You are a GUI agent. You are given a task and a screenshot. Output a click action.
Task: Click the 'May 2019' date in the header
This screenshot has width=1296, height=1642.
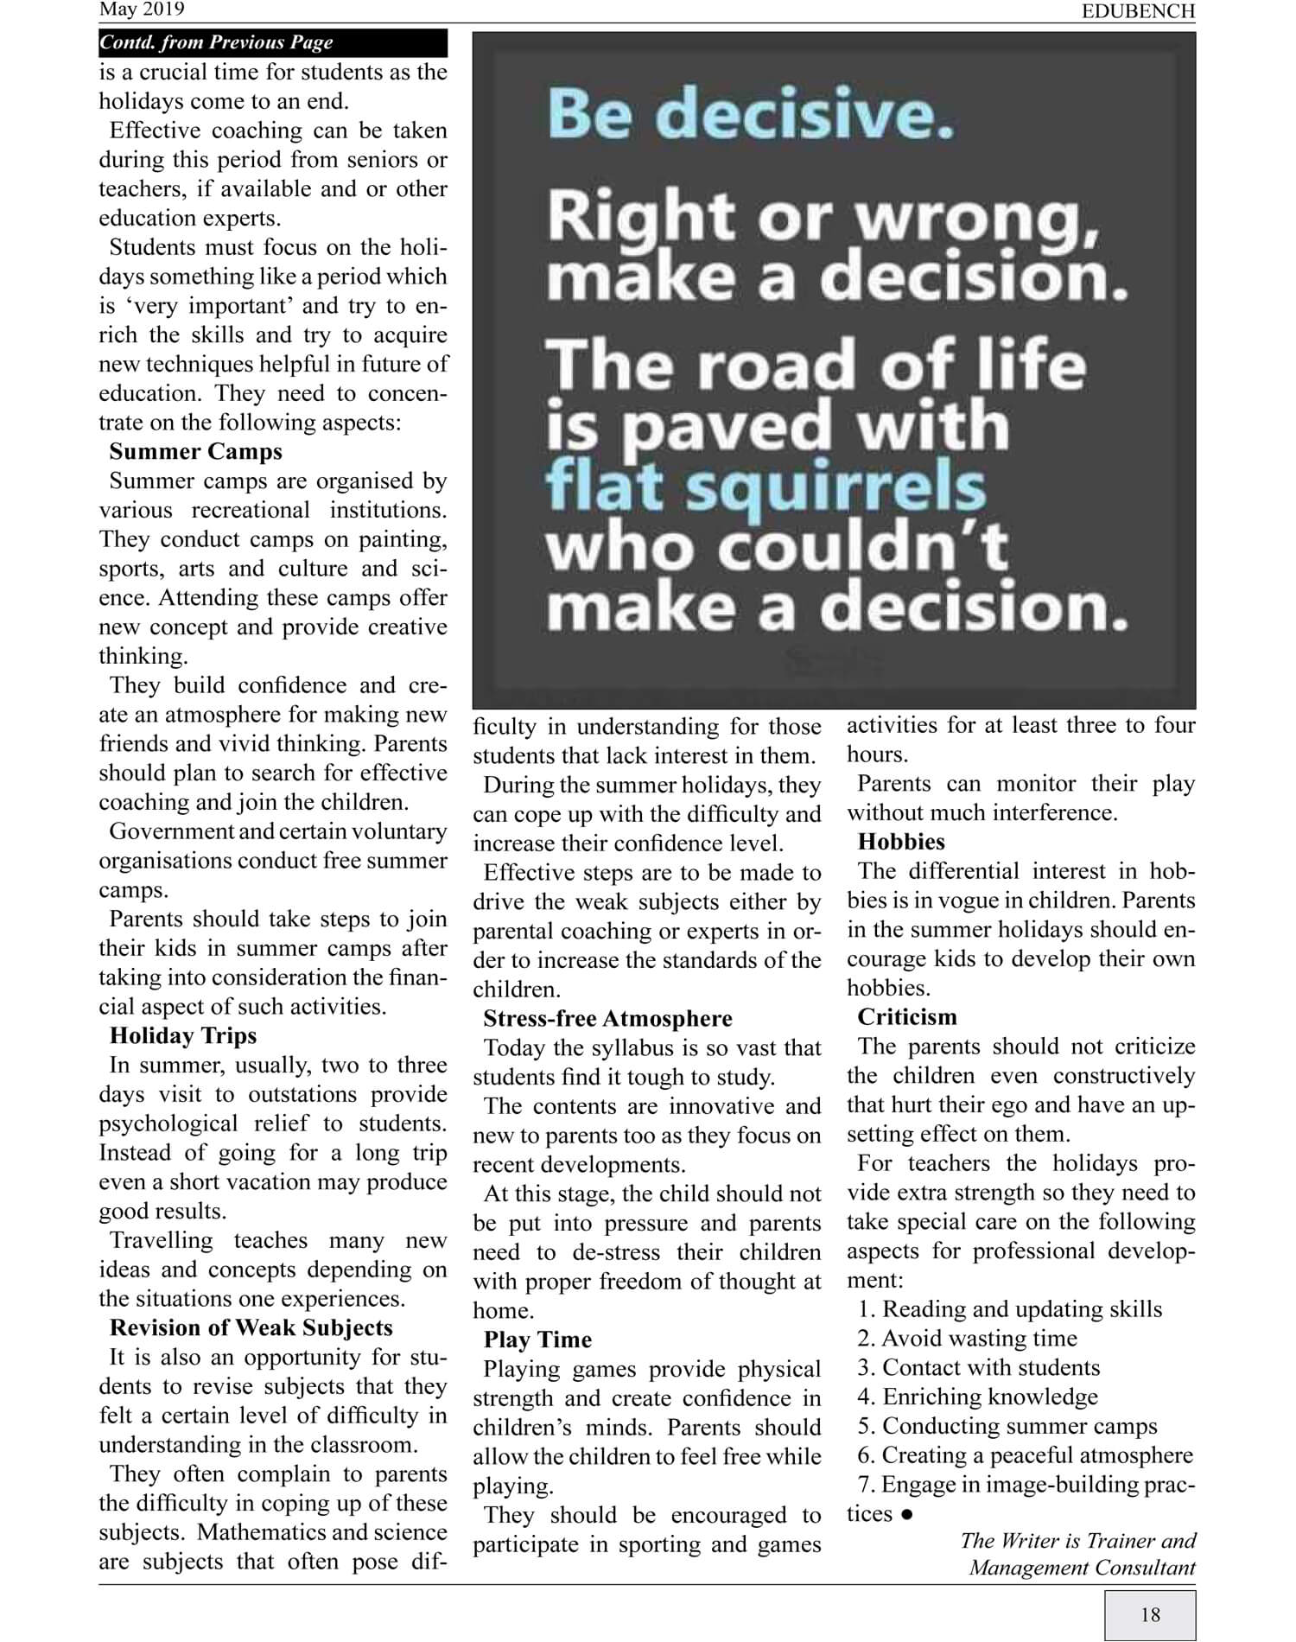(142, 10)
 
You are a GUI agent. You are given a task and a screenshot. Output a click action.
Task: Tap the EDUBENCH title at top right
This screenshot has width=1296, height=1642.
(1138, 11)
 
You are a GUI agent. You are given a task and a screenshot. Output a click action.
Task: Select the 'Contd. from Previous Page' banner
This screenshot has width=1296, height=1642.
(216, 42)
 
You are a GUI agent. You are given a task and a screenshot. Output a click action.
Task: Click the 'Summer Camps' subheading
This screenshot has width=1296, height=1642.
(195, 452)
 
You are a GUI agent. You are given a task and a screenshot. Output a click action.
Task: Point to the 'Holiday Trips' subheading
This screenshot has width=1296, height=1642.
(183, 1035)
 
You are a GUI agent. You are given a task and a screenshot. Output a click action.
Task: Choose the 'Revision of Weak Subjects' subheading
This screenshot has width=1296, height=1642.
(251, 1327)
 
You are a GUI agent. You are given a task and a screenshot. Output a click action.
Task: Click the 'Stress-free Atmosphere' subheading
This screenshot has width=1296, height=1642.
(607, 1018)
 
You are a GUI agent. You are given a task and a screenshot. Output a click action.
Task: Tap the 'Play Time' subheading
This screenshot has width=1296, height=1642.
(537, 1340)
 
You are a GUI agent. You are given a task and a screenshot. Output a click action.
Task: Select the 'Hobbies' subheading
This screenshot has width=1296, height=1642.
(901, 842)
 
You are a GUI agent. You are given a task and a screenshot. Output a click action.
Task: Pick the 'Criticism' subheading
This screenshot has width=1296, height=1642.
(907, 1017)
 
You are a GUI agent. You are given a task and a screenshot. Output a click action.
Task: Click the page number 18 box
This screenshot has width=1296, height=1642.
(1150, 1614)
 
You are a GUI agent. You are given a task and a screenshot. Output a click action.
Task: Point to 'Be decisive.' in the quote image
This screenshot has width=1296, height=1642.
(750, 114)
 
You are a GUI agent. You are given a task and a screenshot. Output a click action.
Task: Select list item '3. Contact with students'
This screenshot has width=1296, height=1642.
(979, 1368)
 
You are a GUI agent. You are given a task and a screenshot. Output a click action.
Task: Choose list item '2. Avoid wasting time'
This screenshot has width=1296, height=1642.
(968, 1339)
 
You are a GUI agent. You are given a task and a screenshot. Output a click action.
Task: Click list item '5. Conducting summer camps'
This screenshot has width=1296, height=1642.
(1007, 1427)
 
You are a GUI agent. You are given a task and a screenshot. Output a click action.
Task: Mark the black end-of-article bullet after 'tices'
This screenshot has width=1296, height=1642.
(906, 1515)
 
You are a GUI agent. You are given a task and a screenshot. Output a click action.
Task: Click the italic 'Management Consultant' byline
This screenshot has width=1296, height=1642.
(1082, 1568)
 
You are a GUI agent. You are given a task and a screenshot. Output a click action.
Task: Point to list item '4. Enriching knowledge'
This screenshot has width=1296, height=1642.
(978, 1397)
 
